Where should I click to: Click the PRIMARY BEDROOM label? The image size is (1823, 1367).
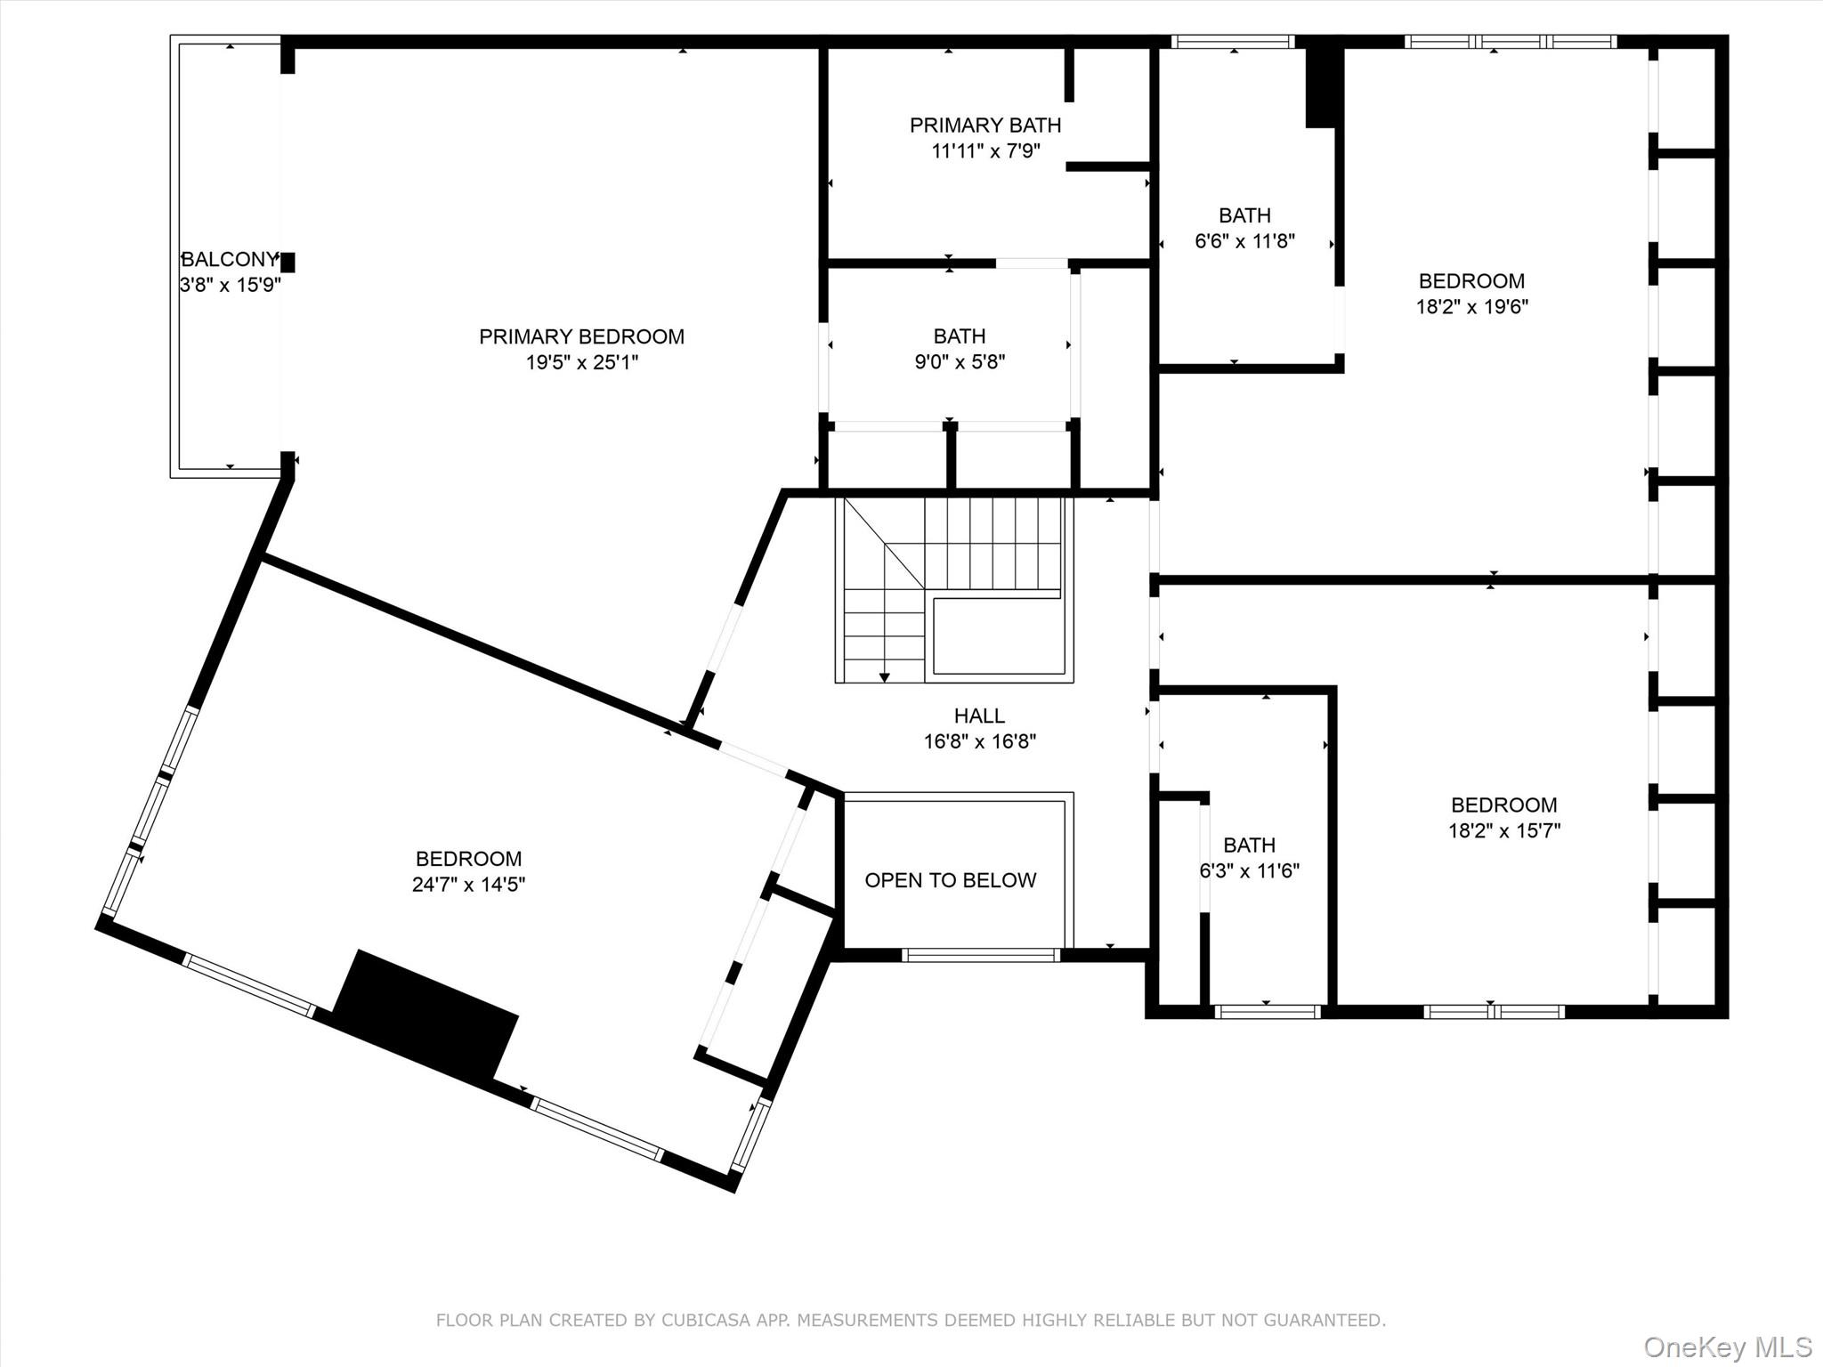(581, 336)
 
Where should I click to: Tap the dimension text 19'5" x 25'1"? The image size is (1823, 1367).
(581, 362)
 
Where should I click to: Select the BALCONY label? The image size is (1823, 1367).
(230, 259)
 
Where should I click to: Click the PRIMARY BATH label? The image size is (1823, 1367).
(984, 125)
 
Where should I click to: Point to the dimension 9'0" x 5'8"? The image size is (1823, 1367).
(960, 362)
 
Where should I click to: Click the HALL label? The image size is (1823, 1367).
(979, 716)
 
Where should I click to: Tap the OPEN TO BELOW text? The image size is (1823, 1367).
(950, 880)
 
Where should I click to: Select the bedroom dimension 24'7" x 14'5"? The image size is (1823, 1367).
(468, 885)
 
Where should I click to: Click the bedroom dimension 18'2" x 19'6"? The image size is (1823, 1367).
(1471, 307)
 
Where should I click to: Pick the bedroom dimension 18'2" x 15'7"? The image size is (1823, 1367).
(1503, 831)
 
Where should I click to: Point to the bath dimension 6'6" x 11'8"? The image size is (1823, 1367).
(1244, 241)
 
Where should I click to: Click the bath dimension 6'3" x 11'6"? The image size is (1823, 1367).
(1249, 871)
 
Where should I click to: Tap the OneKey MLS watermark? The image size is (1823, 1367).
(1727, 1347)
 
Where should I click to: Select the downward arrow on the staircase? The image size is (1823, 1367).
(884, 676)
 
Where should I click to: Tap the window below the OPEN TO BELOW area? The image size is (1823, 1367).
(980, 955)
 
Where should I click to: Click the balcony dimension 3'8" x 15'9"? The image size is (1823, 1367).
(230, 285)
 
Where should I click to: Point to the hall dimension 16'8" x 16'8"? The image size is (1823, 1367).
(979, 741)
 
